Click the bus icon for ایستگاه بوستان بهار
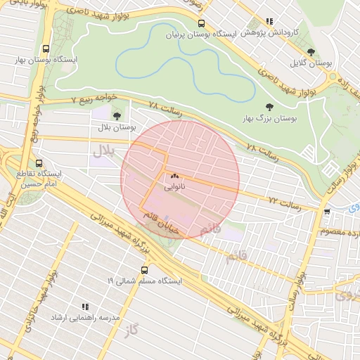pyautogui.click(x=46, y=49)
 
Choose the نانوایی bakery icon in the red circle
pyautogui.click(x=174, y=176)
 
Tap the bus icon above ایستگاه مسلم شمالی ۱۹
pyautogui.click(x=145, y=269)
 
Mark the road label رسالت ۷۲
pyautogui.click(x=285, y=203)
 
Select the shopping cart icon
pyautogui.click(x=327, y=211)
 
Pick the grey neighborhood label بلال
pyautogui.click(x=103, y=149)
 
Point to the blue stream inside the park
pyautogui.click(x=183, y=60)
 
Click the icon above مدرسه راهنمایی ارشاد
pyautogui.click(x=84, y=307)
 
